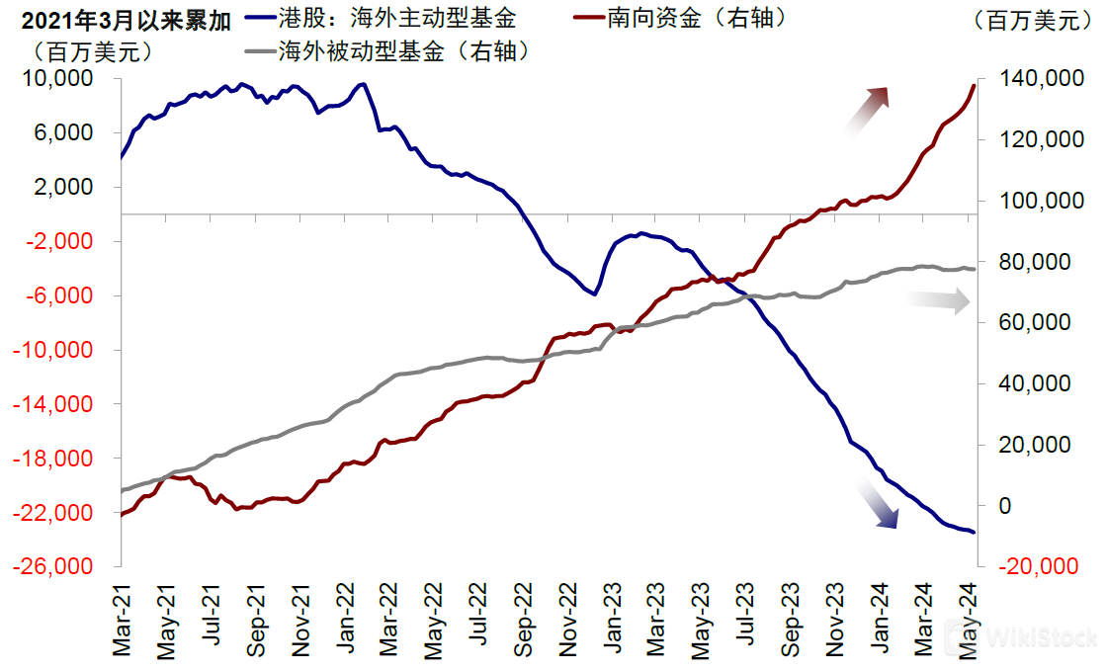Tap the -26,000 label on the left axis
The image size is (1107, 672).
tap(68, 566)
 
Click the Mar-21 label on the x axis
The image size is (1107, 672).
tap(122, 618)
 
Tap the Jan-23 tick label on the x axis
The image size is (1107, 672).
tap(613, 618)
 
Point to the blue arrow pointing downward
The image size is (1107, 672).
tap(878, 504)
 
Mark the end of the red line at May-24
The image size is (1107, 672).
tap(975, 86)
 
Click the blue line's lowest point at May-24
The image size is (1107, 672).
tap(975, 532)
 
